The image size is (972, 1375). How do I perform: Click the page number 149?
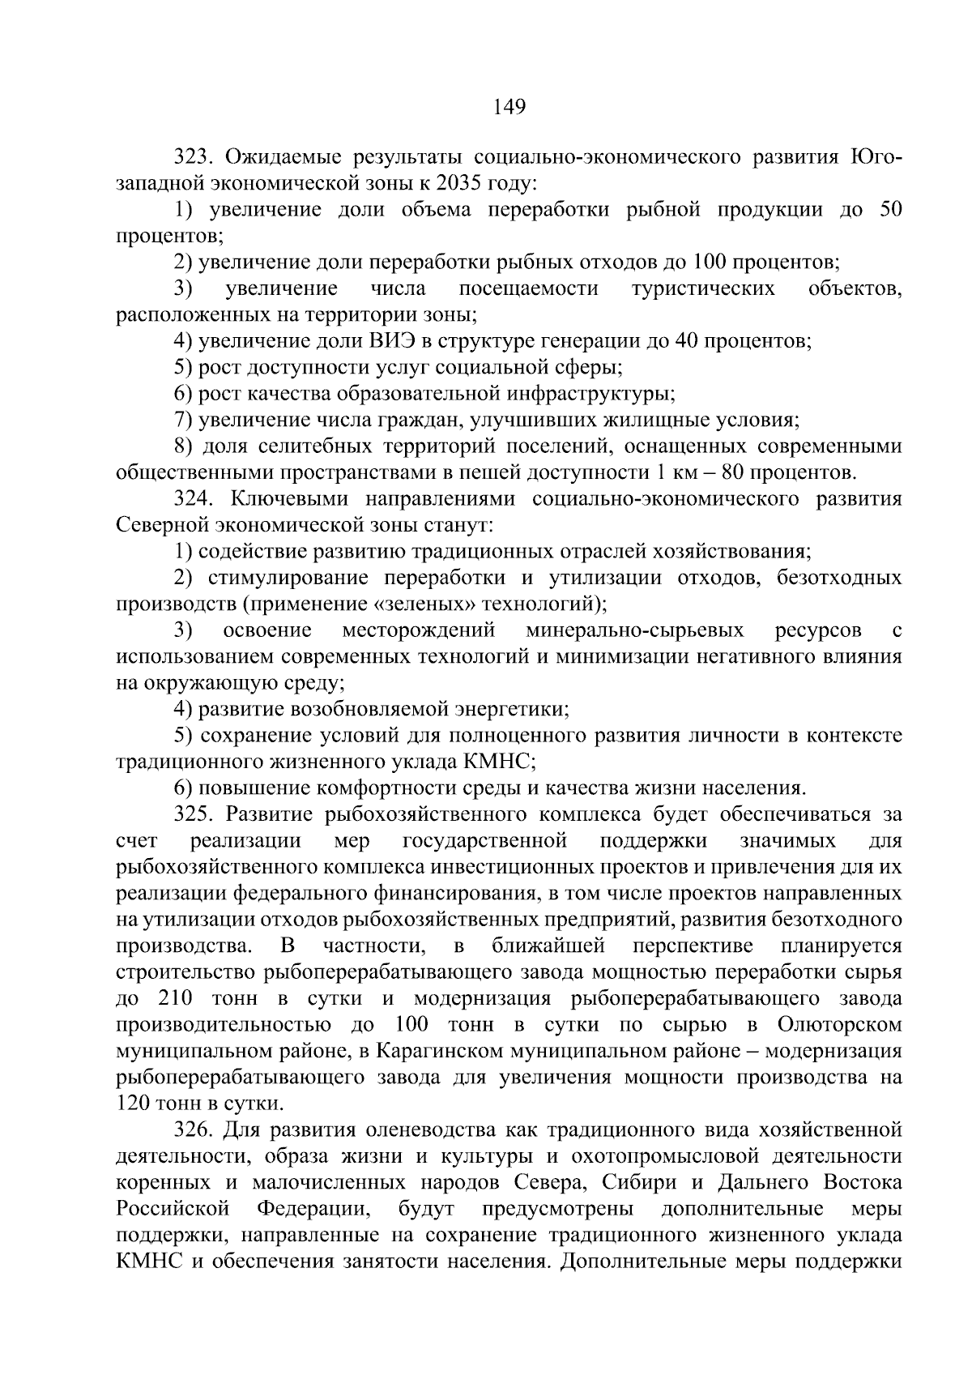pos(509,106)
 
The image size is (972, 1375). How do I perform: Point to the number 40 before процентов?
pos(687,341)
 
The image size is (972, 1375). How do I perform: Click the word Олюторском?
pos(839,1024)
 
